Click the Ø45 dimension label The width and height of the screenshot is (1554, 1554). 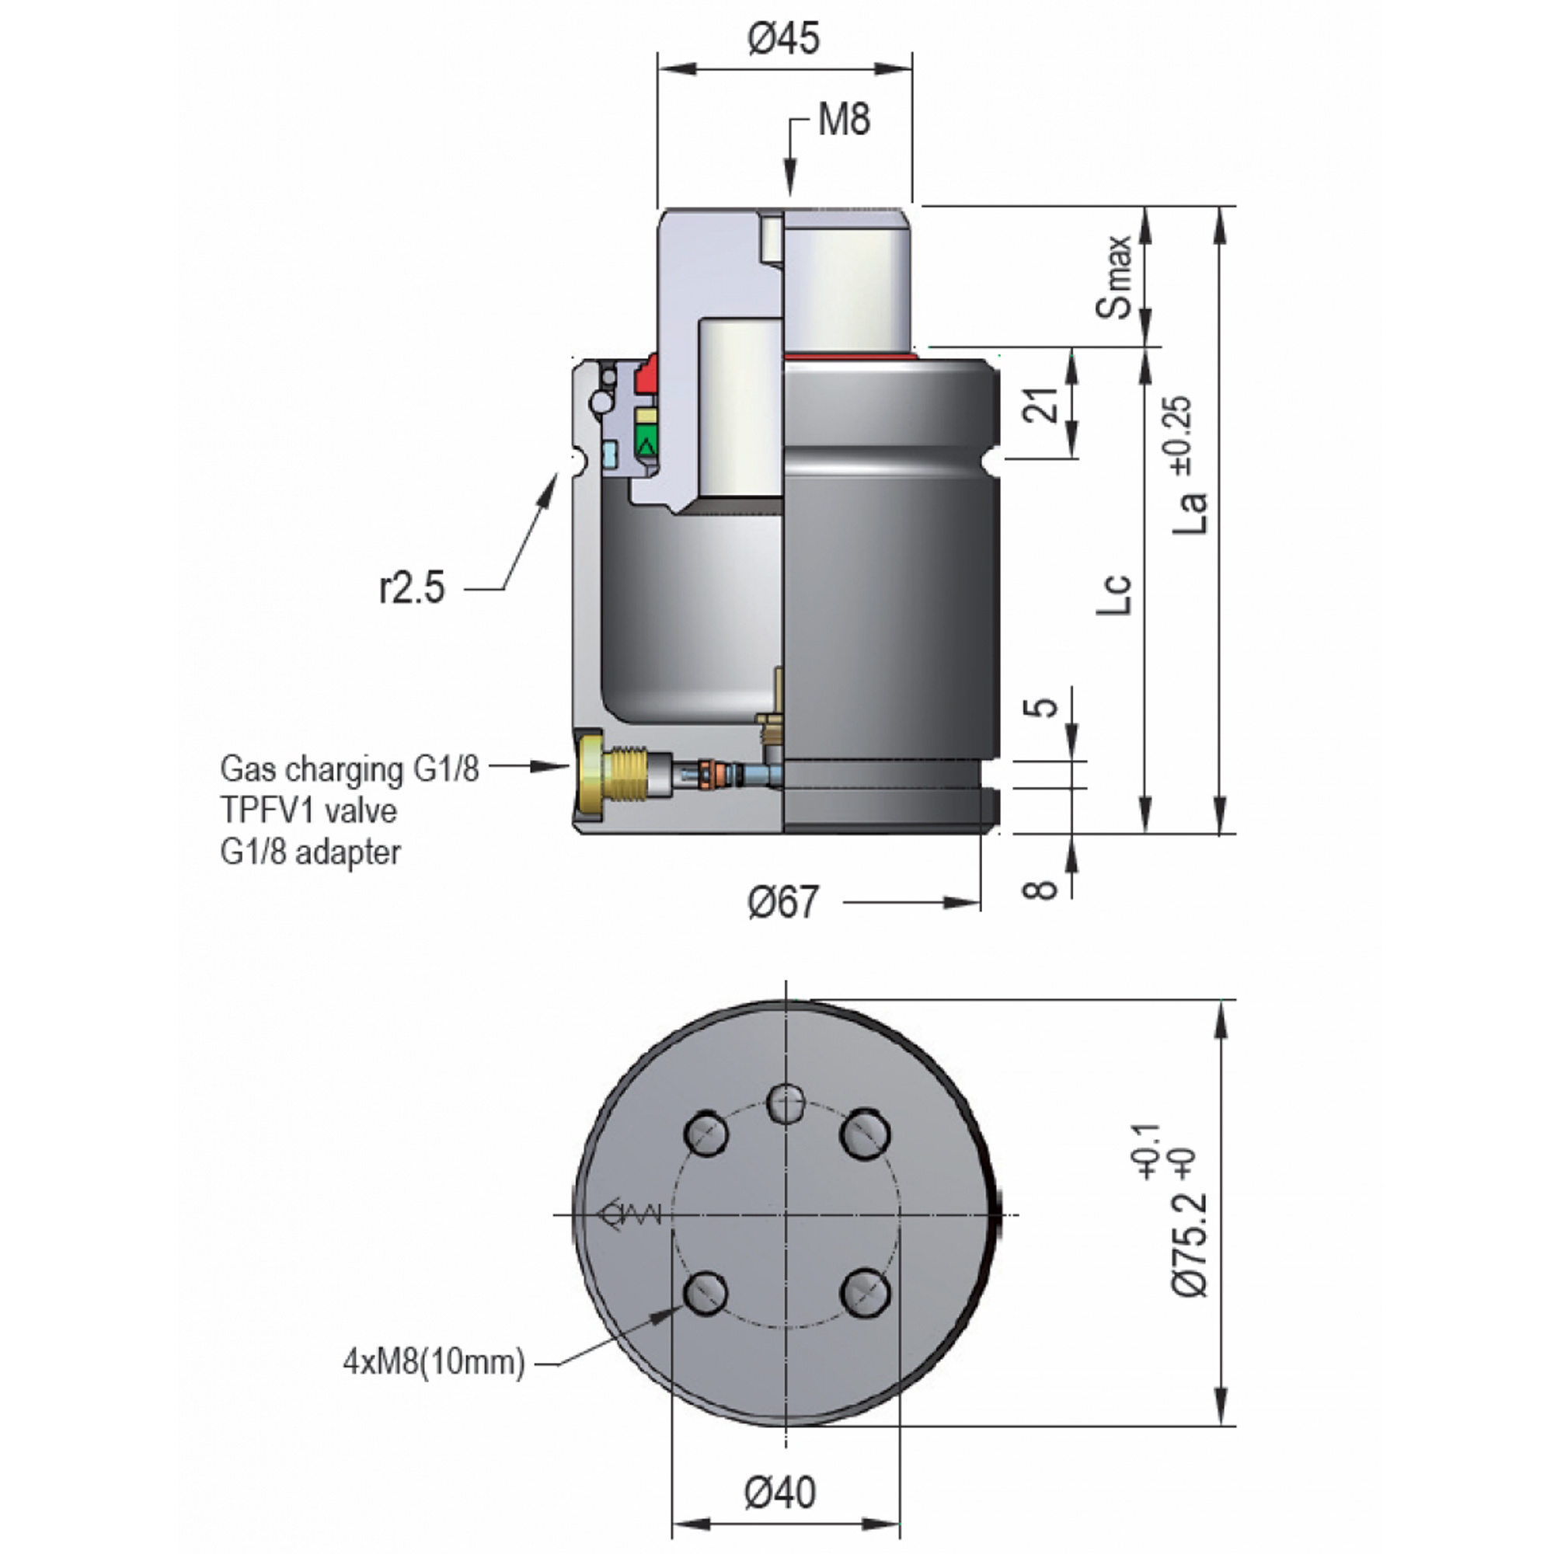pyautogui.click(x=783, y=39)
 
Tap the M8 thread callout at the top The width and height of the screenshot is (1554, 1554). pyautogui.click(x=844, y=120)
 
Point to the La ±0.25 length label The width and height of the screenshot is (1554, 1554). pyautogui.click(x=1190, y=465)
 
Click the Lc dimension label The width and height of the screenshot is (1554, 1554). pyautogui.click(x=1115, y=594)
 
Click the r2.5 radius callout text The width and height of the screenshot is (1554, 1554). pyautogui.click(x=411, y=587)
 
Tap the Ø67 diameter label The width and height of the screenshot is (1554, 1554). pyautogui.click(x=782, y=902)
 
